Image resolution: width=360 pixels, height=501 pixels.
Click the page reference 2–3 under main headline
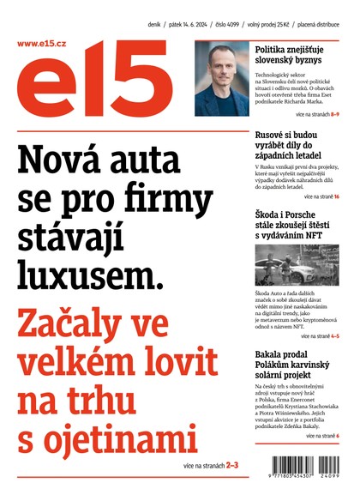232,464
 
